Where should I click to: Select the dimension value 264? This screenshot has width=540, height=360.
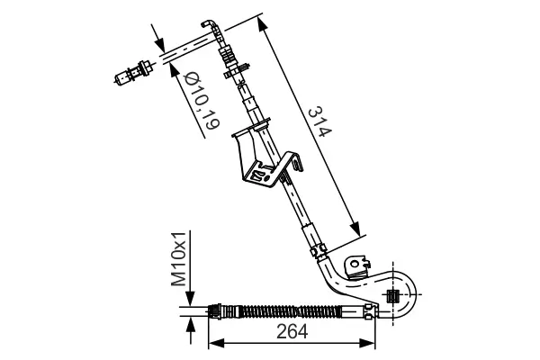(x=291, y=332)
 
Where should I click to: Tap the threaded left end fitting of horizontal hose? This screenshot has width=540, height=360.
(x=216, y=311)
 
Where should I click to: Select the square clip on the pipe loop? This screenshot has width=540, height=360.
(x=392, y=296)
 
